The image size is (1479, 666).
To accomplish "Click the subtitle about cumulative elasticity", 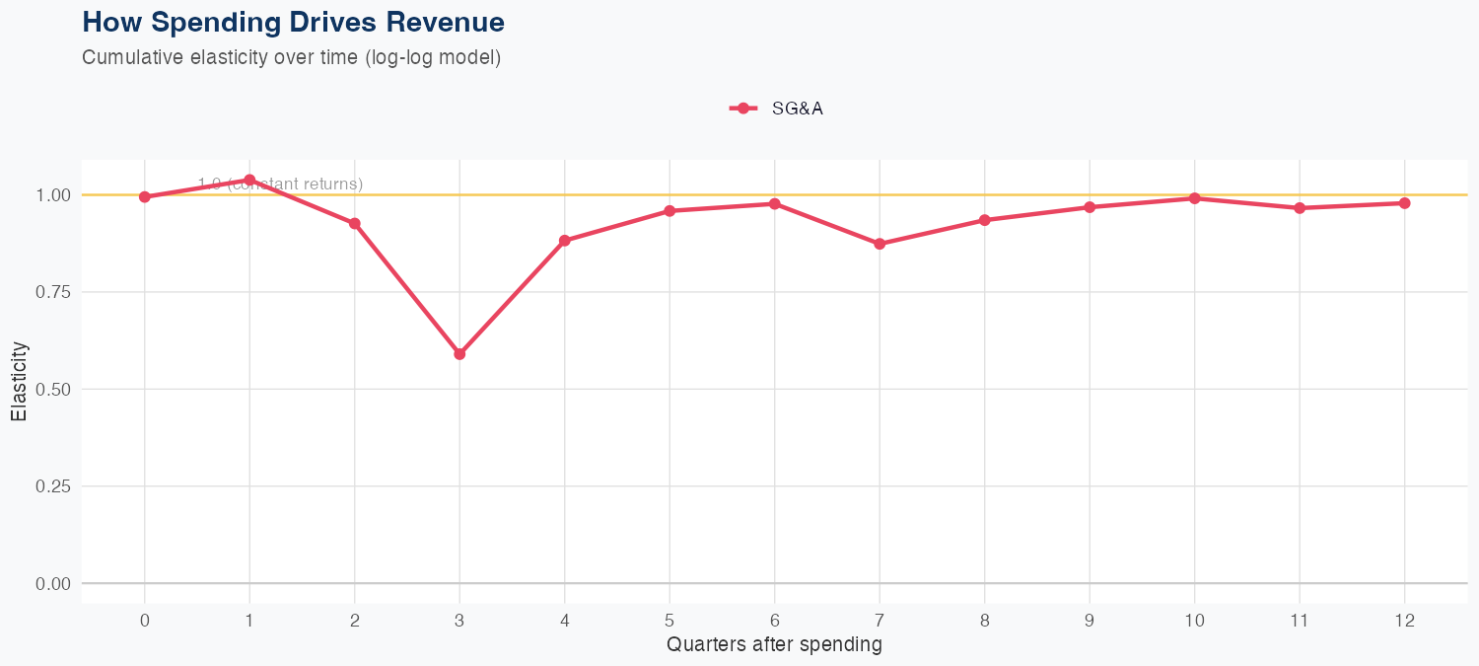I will (292, 57).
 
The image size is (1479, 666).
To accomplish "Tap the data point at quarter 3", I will (459, 354).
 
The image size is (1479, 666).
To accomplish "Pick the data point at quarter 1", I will (249, 180).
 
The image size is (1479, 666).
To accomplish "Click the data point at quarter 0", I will (145, 197).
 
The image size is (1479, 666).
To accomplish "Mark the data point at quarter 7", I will (880, 244).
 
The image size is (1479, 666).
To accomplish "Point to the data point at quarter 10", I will (1194, 198).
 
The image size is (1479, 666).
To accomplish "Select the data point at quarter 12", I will (1404, 203).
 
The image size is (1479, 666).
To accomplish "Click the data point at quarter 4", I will (565, 241).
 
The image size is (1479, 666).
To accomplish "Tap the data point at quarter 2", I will (355, 224).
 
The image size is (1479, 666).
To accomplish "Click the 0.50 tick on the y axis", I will (53, 390).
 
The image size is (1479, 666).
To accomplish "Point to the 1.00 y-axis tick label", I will (53, 195).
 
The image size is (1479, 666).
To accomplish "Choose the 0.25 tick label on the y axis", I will (53, 486).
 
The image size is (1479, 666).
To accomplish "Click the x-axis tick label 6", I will (774, 621).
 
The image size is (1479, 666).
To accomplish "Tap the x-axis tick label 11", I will (1300, 621).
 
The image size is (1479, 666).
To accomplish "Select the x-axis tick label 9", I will (1090, 621).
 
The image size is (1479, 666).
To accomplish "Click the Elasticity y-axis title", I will (20, 381).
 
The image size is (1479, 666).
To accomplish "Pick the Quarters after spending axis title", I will (774, 645).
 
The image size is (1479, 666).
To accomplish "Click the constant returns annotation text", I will (280, 185).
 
